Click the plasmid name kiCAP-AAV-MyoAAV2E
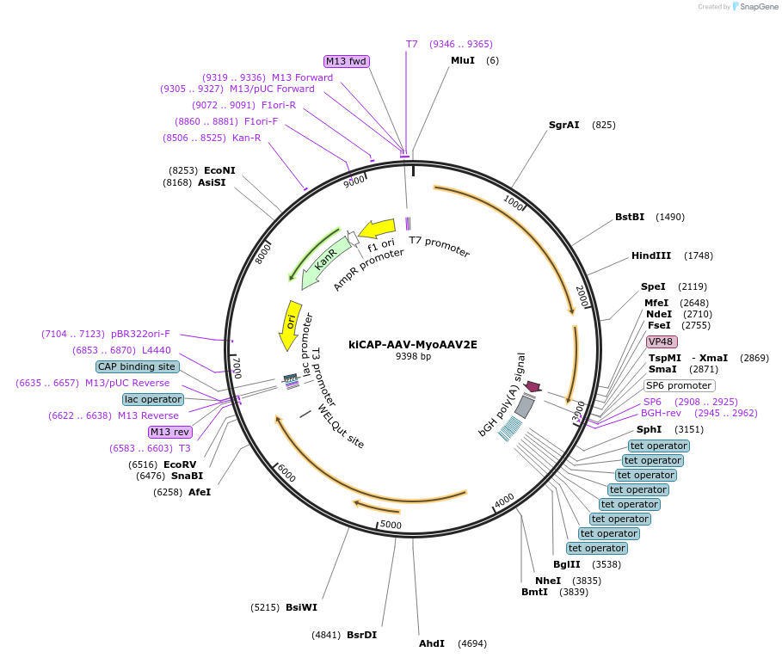pos(412,344)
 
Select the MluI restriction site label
pos(463,60)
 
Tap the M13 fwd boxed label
pos(346,61)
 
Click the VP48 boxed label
pos(662,341)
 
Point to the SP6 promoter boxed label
pos(679,385)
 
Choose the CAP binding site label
pos(138,366)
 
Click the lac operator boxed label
pos(153,399)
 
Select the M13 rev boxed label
pos(169,432)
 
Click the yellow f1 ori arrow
pos(377,230)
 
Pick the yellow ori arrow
pos(291,325)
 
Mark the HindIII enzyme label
pos(652,255)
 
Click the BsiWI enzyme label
pos(301,607)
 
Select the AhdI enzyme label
pos(432,643)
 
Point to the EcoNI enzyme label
pos(219,170)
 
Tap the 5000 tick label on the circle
pos(391,525)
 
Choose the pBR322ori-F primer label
pos(140,334)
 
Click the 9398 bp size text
pos(412,356)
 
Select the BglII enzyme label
pos(567,564)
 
